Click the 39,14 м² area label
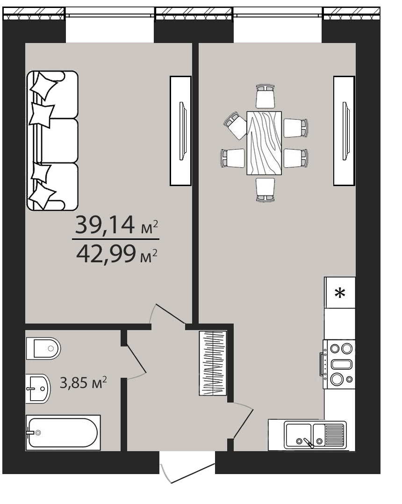[116, 225]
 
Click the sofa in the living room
[52, 140]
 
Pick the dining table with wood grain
[264, 143]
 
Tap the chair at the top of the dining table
[266, 96]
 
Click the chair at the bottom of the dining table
[266, 190]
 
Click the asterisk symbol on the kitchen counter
[340, 293]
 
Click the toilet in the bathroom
[43, 348]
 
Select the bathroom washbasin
[38, 389]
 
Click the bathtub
[63, 432]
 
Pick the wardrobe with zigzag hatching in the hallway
[213, 363]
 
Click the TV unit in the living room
[180, 131]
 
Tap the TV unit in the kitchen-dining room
[344, 131]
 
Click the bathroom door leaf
[136, 360]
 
